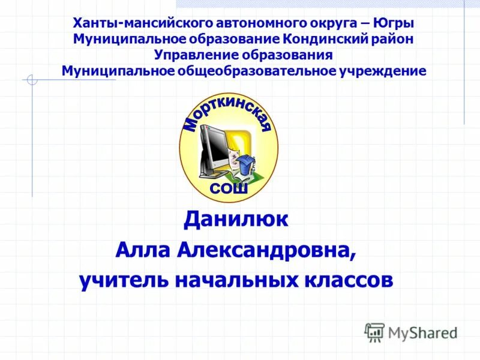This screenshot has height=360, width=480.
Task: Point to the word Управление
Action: pos(196,55)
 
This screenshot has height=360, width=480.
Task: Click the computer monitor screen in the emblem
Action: pos(214,147)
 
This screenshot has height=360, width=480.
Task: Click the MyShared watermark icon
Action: pos(374,332)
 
